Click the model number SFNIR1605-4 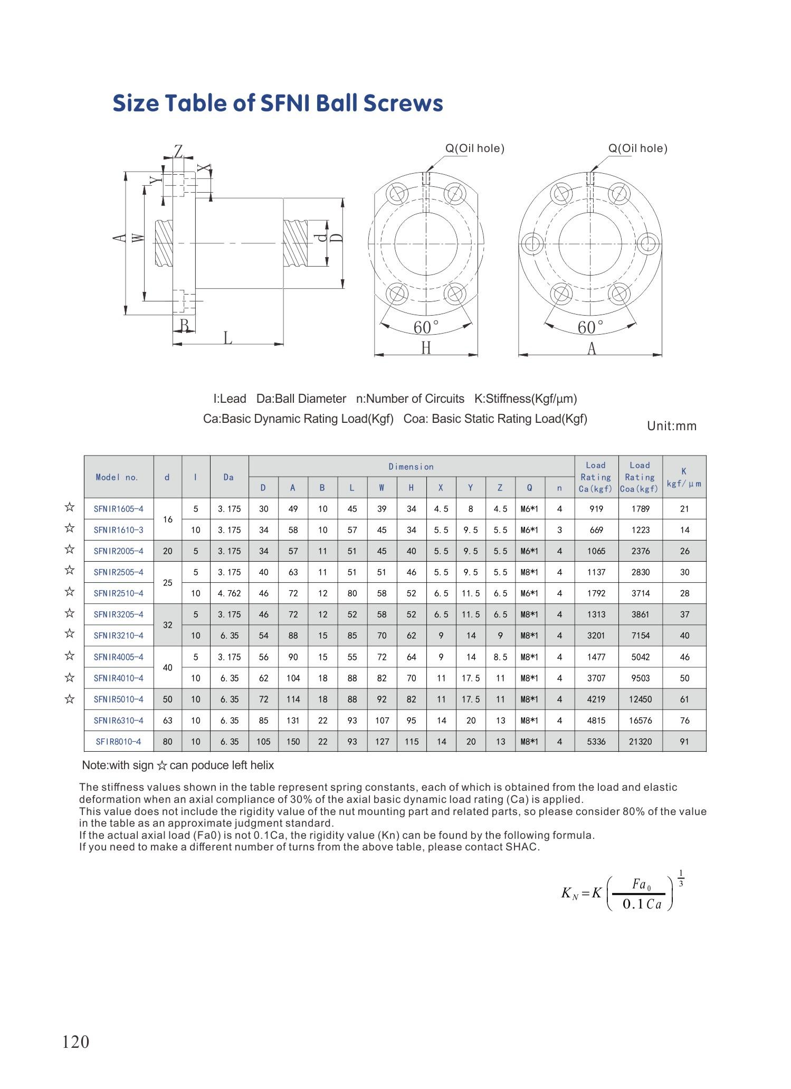pos(118,509)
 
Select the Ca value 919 pos(596,509)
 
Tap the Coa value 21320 pos(640,742)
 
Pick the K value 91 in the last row pos(684,742)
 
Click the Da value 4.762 pos(229,593)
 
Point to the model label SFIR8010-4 pos(118,742)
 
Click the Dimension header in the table pos(411,467)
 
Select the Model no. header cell pos(117,477)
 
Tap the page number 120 pos(76,1042)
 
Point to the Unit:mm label pos(672,426)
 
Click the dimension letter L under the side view pos(228,337)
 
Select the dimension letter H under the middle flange pos(426,348)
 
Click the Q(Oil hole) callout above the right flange pos(638,148)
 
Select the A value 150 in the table pos(293,742)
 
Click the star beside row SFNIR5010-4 pos(69,699)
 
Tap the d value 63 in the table pos(167,721)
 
